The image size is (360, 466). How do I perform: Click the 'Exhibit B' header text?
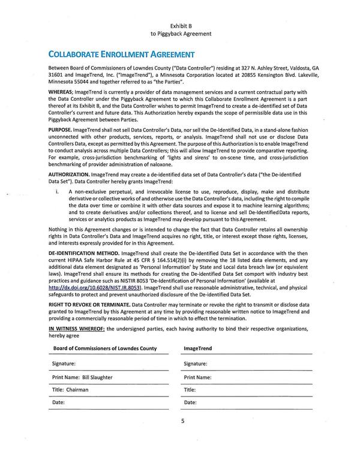pyautogui.click(x=181, y=25)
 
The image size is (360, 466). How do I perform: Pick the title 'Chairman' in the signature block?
pyautogui.click(x=77, y=390)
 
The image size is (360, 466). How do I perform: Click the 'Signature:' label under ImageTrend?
pyautogui.click(x=196, y=363)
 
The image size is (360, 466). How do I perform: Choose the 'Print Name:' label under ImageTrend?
pyautogui.click(x=197, y=377)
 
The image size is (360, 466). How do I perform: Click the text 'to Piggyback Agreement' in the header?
pyautogui.click(x=181, y=34)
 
